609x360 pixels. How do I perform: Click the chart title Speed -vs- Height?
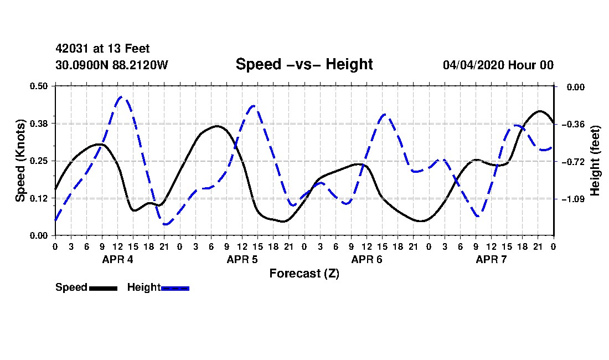pyautogui.click(x=304, y=64)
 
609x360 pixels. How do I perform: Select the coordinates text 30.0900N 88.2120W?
pyautogui.click(x=111, y=65)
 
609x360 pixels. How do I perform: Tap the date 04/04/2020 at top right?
pyautogui.click(x=473, y=65)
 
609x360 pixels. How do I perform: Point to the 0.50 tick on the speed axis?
pyautogui.click(x=39, y=86)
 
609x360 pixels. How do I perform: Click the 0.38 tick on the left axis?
pyautogui.click(x=39, y=124)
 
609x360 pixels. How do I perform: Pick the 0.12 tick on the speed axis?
pyautogui.click(x=39, y=198)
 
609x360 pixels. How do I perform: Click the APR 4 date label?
pyautogui.click(x=118, y=259)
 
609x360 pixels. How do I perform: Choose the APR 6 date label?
pyautogui.click(x=367, y=259)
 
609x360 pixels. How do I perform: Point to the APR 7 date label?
pyautogui.click(x=491, y=259)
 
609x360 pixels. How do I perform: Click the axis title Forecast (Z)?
pyautogui.click(x=304, y=274)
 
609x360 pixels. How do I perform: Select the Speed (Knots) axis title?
pyautogui.click(x=20, y=161)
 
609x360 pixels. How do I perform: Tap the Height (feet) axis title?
pyautogui.click(x=595, y=161)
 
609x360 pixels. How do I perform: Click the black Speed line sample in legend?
pyautogui.click(x=104, y=288)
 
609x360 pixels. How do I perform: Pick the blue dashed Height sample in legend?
pyautogui.click(x=175, y=288)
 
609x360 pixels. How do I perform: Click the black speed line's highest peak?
pyautogui.click(x=540, y=111)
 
